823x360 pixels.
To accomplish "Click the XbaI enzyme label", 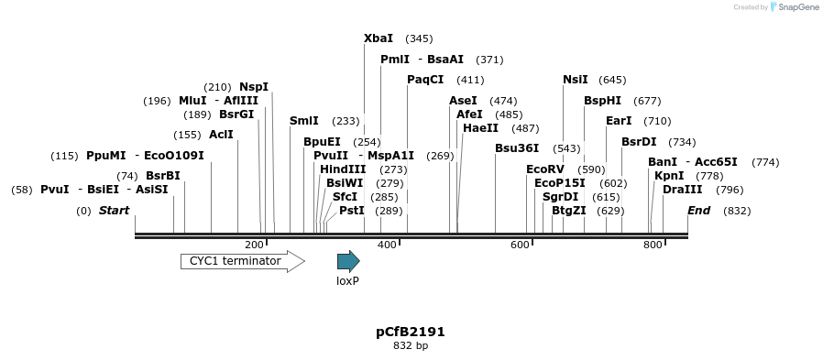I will (379, 38).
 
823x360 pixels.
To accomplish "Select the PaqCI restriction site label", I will (425, 80).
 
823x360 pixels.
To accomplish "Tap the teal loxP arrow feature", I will (348, 261).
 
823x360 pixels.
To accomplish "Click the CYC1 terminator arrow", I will (242, 261).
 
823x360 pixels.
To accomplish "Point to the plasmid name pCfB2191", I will (411, 332).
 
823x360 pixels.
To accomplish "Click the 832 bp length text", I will (411, 346).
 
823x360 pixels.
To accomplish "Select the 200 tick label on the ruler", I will (255, 245).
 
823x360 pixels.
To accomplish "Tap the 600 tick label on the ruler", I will (520, 245).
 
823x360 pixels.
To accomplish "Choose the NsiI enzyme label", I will (576, 80).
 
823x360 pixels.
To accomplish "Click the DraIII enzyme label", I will (683, 190).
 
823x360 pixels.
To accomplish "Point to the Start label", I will (115, 211).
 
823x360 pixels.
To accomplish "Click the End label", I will (699, 211).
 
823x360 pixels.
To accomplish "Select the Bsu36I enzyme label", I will (517, 148).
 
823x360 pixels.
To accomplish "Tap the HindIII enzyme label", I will (343, 169).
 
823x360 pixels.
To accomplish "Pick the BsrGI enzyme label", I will (236, 115).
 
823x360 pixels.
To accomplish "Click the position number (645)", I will (612, 80).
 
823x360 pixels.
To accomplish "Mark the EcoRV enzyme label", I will (545, 169).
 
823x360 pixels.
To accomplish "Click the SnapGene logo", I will (795, 7).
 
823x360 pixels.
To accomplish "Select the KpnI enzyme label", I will (669, 176).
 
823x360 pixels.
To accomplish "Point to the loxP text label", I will (347, 281).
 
